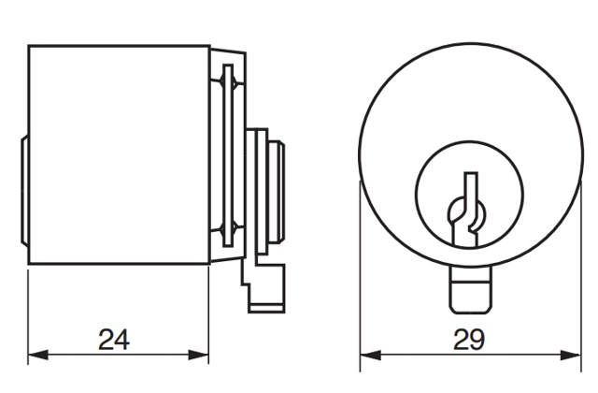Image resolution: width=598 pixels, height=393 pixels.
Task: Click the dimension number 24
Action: tap(115, 339)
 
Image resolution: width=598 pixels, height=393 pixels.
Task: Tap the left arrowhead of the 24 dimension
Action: tap(34, 355)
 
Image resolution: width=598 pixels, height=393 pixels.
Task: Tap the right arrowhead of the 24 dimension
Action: tap(203, 355)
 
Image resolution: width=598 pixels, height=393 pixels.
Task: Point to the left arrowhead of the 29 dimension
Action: tap(366, 355)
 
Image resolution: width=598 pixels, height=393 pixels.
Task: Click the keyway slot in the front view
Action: tap(467, 211)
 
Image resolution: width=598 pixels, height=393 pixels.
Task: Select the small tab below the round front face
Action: tap(471, 290)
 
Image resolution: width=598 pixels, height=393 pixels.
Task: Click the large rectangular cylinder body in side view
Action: tap(117, 154)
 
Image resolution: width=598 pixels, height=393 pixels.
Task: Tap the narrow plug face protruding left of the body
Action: tap(23, 187)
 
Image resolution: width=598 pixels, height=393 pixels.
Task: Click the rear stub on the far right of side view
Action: tap(278, 192)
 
